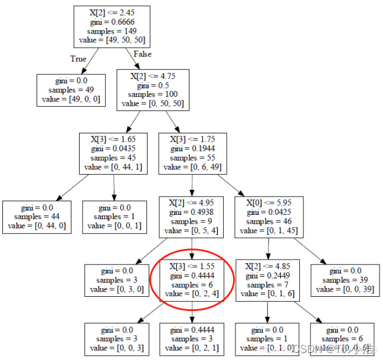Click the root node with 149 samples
click(112, 27)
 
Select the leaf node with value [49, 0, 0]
click(71, 90)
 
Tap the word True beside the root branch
click(78, 59)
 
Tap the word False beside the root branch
click(142, 54)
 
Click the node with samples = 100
click(153, 90)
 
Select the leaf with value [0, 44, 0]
click(37, 217)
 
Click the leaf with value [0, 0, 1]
click(114, 217)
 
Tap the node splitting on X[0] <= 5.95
click(269, 217)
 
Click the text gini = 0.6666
click(112, 22)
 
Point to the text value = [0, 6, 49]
click(193, 167)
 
